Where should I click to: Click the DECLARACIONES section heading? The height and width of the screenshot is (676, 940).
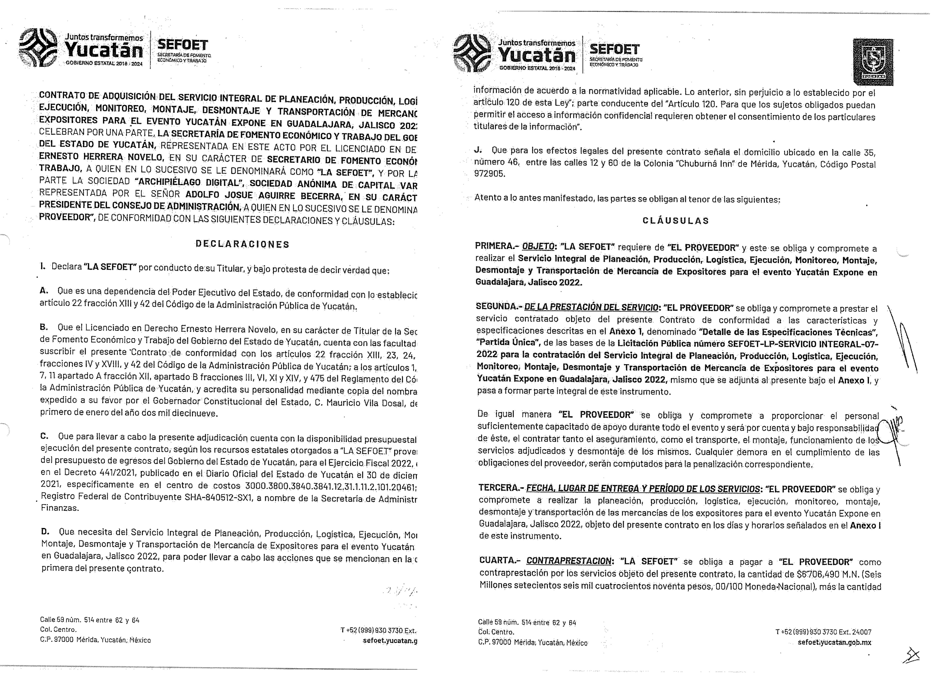[242, 244]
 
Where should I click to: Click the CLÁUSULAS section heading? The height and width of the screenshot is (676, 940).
[676, 221]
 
